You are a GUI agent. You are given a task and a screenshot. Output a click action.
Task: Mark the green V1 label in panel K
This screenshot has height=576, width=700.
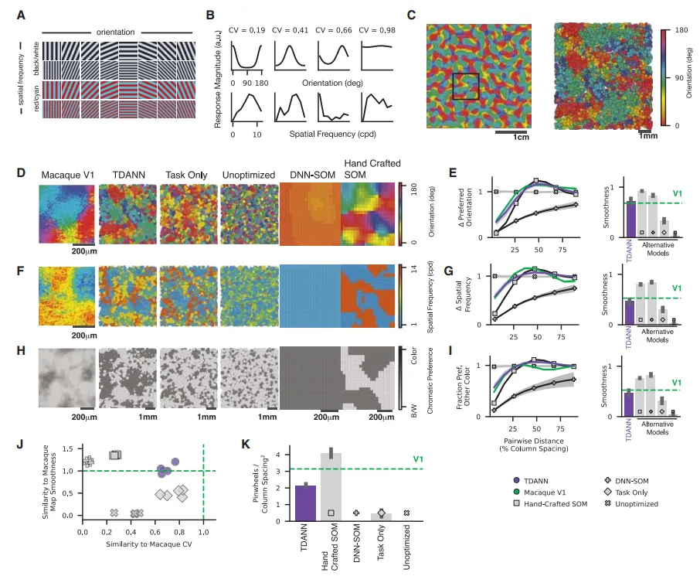click(x=418, y=459)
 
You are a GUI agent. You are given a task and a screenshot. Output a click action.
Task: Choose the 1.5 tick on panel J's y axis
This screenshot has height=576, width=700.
click(x=73, y=449)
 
